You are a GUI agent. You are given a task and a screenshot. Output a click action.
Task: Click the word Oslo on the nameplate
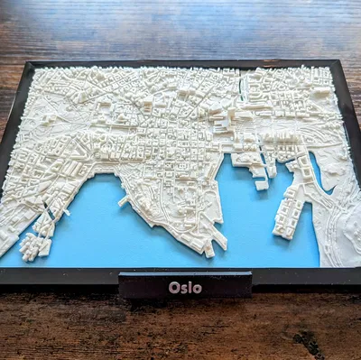tap(185, 288)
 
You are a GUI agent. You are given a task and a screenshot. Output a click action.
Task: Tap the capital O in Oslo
tap(172, 288)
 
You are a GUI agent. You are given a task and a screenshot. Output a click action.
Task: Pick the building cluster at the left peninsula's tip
tap(34, 245)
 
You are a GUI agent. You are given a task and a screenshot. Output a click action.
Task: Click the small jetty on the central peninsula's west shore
tap(123, 200)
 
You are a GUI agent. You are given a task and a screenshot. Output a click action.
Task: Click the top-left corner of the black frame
tap(31, 63)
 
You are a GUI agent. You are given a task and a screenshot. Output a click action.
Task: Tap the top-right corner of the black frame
tap(339, 61)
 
